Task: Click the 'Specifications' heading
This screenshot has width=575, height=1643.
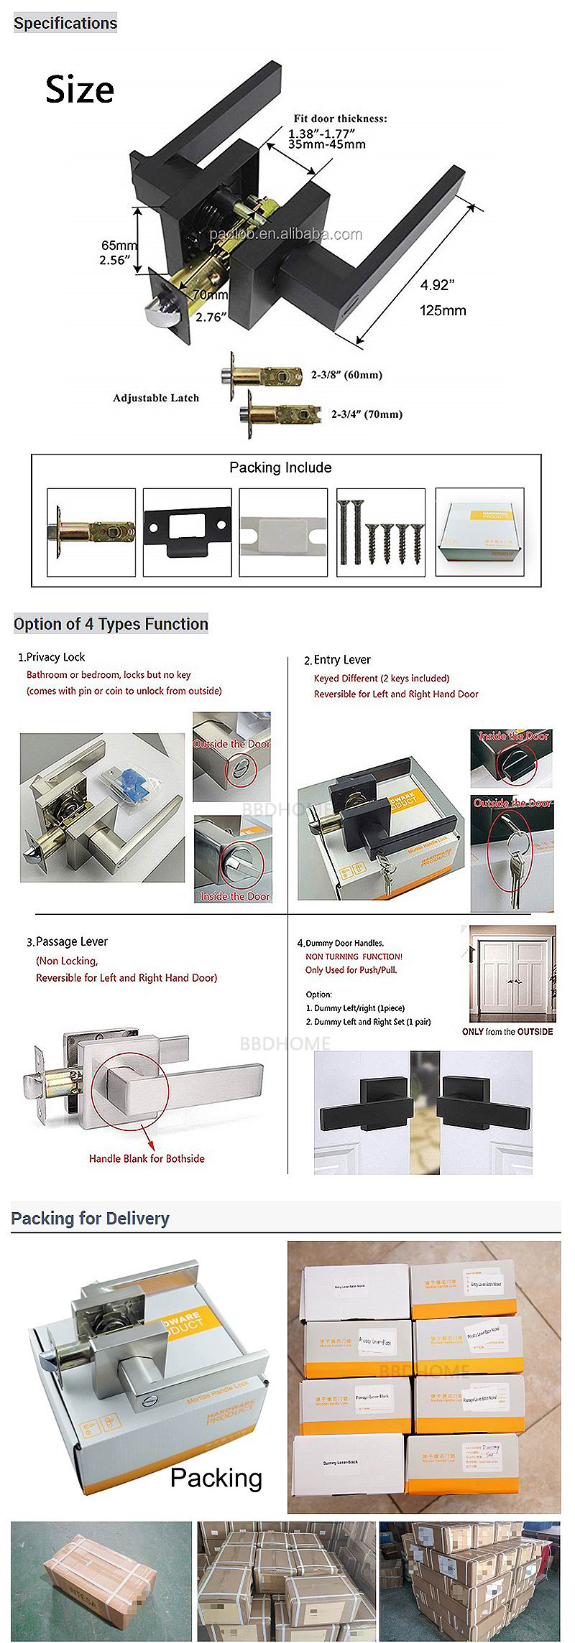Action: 65,23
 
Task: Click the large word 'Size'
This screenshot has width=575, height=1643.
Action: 80,90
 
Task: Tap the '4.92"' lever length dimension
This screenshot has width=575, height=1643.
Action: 437,285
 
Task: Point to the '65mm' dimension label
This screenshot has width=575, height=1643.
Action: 119,246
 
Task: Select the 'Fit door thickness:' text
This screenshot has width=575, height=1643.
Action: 339,118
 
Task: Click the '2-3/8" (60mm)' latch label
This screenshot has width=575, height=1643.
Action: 346,375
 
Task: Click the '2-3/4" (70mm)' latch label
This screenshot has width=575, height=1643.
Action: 367,414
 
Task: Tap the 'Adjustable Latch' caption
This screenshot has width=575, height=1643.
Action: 155,398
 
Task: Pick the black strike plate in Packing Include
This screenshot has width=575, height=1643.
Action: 187,531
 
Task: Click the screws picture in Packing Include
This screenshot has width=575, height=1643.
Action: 380,531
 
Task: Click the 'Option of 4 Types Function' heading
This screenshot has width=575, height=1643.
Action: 111,624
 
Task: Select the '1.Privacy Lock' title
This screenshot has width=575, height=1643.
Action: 51,657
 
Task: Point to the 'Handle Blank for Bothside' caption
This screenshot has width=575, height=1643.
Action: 147,1158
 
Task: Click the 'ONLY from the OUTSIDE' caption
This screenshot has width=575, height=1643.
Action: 507,1032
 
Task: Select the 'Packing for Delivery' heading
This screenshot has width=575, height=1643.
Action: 90,1219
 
